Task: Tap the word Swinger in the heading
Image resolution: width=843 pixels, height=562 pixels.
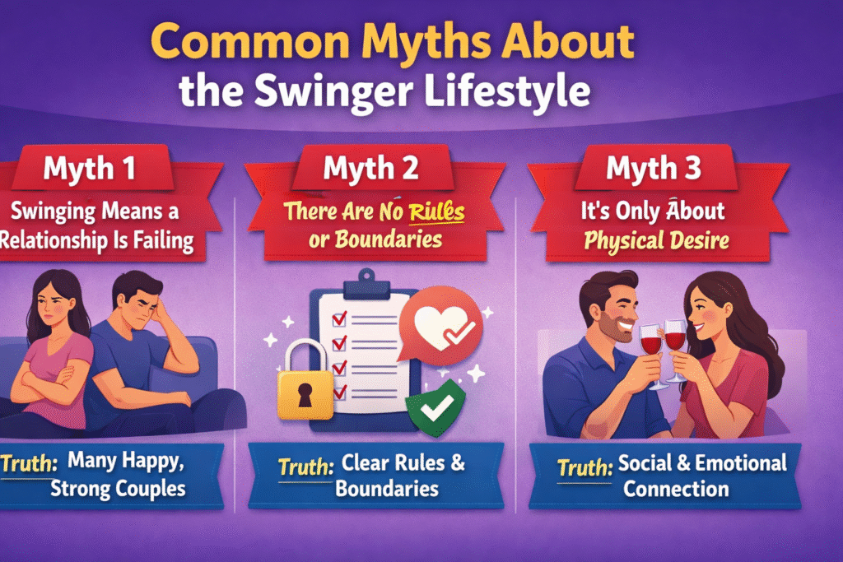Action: click(x=334, y=92)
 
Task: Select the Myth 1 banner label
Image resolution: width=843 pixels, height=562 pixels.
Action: click(x=89, y=168)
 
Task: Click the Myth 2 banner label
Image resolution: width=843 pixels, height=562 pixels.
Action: click(x=371, y=168)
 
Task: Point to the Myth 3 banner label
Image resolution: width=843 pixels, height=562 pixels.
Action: click(x=654, y=168)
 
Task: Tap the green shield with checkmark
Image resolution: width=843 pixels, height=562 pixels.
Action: click(x=435, y=409)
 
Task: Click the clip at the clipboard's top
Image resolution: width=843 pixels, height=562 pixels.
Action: click(x=366, y=286)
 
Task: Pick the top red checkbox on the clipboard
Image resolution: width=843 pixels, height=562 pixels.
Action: click(x=339, y=319)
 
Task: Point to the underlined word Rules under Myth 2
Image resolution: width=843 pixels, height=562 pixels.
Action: click(x=436, y=211)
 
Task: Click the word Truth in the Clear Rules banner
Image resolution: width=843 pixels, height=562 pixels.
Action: click(x=306, y=467)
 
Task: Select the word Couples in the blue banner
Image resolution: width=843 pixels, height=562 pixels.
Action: click(x=151, y=490)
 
